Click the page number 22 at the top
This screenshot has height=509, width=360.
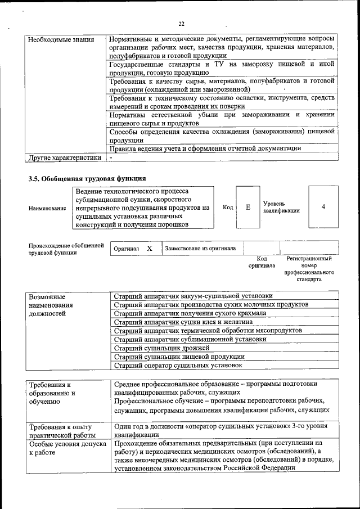coord(181,24)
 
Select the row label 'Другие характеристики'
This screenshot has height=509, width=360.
coord(65,157)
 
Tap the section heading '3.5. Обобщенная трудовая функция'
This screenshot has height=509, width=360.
coord(83,179)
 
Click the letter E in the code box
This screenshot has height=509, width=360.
coord(247,207)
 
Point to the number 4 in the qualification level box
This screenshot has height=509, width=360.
coord(323,207)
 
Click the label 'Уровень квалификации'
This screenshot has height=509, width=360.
coord(281,207)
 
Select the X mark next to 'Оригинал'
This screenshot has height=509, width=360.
coord(149,248)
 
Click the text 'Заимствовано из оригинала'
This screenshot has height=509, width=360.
coord(201,248)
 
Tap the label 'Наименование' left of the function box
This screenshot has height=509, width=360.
coord(47,208)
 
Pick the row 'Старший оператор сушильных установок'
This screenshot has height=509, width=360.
coord(178,365)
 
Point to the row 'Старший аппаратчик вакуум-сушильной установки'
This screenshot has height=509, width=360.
coord(193,295)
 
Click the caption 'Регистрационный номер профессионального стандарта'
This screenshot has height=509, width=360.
coord(309,269)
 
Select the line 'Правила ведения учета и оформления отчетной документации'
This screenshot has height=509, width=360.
coord(205,148)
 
